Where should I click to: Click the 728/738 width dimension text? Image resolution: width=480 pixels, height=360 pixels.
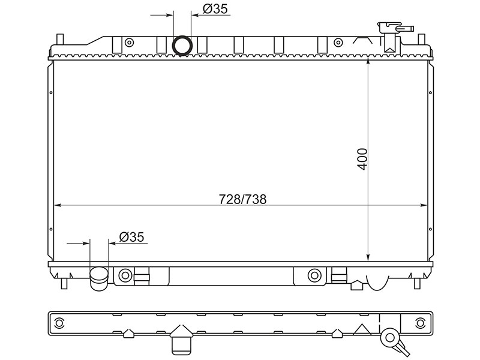click(242, 199)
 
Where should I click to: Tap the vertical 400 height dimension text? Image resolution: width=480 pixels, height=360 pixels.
click(362, 159)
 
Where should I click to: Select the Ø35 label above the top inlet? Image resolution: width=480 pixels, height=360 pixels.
click(215, 9)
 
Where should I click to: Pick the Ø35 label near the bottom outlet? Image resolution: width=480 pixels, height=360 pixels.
click(131, 237)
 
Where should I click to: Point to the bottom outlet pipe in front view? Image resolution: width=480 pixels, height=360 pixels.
click(99, 278)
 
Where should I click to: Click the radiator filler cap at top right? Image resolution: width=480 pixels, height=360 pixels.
click(395, 28)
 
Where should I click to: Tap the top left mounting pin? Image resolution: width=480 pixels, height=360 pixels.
click(59, 39)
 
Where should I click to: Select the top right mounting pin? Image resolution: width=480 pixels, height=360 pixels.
click(422, 39)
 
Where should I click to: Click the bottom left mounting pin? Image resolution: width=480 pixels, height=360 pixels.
click(64, 283)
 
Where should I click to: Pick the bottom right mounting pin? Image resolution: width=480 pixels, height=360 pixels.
click(417, 283)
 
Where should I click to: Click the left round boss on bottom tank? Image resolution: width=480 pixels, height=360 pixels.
click(125, 275)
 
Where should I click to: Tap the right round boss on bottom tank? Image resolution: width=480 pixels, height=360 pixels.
click(314, 275)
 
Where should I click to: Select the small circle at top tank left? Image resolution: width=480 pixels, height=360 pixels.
click(130, 42)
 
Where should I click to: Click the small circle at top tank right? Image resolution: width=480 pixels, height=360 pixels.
click(338, 42)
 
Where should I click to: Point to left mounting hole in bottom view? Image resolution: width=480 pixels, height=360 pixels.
click(58, 323)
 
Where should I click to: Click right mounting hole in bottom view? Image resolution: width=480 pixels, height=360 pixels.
click(420, 323)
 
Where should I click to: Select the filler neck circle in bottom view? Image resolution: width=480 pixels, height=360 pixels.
click(390, 338)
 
